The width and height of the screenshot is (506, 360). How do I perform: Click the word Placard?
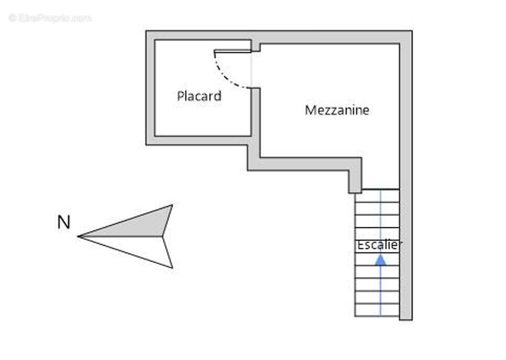[x=199, y=96]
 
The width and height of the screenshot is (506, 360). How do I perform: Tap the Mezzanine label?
[x=337, y=111]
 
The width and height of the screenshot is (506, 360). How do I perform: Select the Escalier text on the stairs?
[x=378, y=245]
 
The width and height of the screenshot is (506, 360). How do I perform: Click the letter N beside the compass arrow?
[x=63, y=223]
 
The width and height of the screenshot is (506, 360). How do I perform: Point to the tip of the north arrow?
[x=78, y=236]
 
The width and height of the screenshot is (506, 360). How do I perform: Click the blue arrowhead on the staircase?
[x=380, y=260]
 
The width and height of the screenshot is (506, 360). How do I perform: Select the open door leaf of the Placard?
[x=233, y=51]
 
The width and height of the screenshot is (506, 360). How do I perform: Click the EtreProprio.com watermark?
[x=50, y=18]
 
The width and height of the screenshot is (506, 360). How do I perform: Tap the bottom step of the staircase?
[x=377, y=310]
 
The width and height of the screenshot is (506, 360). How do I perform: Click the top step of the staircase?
[x=377, y=196]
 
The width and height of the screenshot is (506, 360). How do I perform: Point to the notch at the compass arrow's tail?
[x=162, y=236]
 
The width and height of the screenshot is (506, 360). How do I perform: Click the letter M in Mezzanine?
[x=310, y=111]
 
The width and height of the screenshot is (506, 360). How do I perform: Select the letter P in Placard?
[x=181, y=96]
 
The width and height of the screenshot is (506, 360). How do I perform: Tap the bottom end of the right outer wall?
[x=406, y=320]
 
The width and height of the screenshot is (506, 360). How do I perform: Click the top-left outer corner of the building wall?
[x=146, y=31]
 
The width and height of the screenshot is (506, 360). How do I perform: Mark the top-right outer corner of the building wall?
[x=412, y=31]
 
